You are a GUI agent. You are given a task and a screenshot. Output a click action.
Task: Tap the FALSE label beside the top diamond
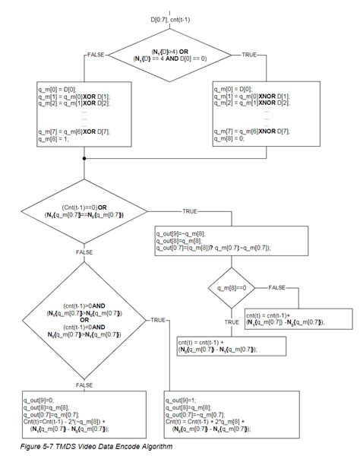[x=96, y=55]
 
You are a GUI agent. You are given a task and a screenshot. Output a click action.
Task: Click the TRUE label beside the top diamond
[x=250, y=55]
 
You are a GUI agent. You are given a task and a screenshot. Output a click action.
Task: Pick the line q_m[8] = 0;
[x=232, y=138]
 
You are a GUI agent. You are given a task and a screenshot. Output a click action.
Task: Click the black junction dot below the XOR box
[x=84, y=157]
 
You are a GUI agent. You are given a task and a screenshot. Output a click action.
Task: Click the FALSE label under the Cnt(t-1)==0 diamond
[x=84, y=249]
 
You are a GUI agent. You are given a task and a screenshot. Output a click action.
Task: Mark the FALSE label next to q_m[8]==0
[x=276, y=288]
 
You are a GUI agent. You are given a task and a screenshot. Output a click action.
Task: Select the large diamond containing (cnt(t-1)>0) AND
[x=84, y=320]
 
